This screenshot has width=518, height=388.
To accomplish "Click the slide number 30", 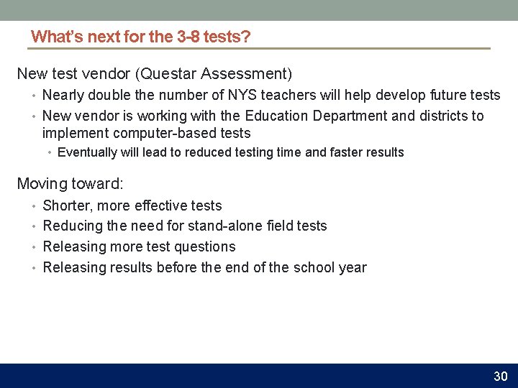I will (500, 377).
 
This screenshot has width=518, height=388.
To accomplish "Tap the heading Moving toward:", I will (70, 183).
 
